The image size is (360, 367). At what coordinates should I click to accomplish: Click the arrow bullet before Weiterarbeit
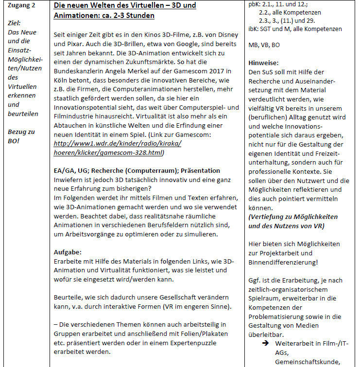pyautogui.click(x=266, y=344)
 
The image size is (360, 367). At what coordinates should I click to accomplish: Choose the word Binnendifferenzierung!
pyautogui.click(x=283, y=262)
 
